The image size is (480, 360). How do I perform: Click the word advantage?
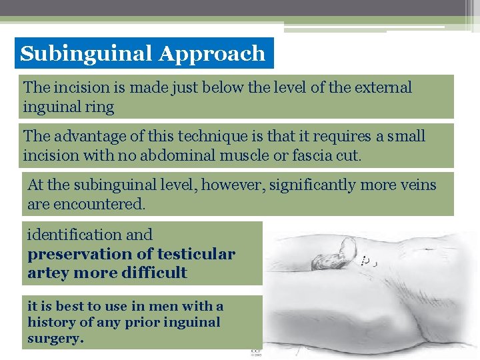point(84,136)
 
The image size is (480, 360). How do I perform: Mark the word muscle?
point(258,155)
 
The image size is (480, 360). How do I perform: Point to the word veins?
point(416,185)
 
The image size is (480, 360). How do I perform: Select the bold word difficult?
point(154,273)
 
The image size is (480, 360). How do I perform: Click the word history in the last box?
point(52,323)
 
